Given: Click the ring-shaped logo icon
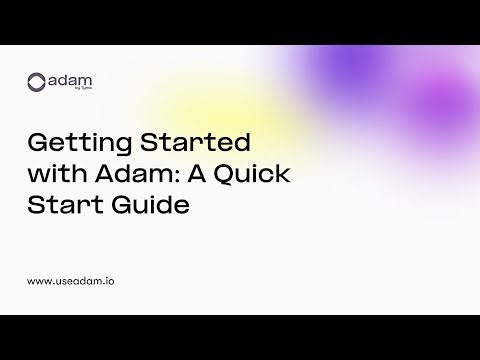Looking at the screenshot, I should [37, 82].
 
